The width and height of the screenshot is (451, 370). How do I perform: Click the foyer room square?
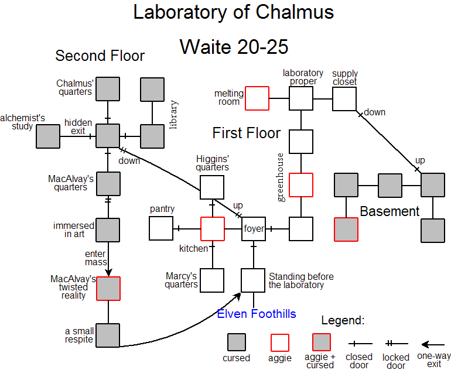click(x=254, y=228)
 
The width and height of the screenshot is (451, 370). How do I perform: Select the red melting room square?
click(x=257, y=98)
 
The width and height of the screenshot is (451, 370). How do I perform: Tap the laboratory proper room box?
click(x=301, y=98)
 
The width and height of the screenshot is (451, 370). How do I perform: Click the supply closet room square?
click(x=344, y=98)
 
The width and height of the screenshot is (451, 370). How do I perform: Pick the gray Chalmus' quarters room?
click(x=108, y=89)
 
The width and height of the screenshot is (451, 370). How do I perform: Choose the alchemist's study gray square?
click(x=48, y=136)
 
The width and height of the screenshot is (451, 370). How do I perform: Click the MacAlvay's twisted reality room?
click(x=108, y=289)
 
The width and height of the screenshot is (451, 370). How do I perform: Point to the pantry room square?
click(x=161, y=228)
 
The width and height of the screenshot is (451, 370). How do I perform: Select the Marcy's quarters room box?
click(x=212, y=280)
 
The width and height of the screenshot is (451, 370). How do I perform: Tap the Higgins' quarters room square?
click(x=212, y=187)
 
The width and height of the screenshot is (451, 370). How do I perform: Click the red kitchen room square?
click(x=212, y=228)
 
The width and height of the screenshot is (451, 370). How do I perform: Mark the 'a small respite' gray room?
click(x=108, y=335)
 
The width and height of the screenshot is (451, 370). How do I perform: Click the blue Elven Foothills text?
click(x=257, y=314)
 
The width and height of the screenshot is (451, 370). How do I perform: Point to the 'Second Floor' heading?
click(x=100, y=56)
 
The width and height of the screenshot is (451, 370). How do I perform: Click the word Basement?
click(x=389, y=211)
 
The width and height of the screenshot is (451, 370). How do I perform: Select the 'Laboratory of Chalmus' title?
click(x=234, y=12)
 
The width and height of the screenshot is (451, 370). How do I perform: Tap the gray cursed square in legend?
click(x=236, y=342)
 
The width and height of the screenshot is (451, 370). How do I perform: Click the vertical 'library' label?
click(x=174, y=115)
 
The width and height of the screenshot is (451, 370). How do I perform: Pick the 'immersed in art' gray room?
click(x=108, y=230)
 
